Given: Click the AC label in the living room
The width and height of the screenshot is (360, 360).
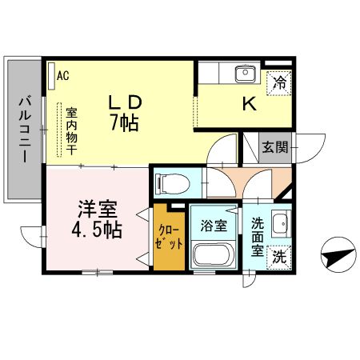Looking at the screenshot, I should pos(63,76).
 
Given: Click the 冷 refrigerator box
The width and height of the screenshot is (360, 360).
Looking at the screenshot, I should pos(279,82).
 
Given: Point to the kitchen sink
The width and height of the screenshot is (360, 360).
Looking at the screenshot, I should pos(243,74).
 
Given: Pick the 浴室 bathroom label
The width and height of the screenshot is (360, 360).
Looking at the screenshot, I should pos(214,225).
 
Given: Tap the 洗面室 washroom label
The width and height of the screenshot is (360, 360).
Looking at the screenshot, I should pos(257,237).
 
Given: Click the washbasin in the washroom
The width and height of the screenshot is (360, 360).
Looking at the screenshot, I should pos(279,225).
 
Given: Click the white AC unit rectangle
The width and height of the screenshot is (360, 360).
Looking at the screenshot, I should pos(50,76).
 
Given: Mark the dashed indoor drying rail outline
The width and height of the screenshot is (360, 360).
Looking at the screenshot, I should pos(58,132).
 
